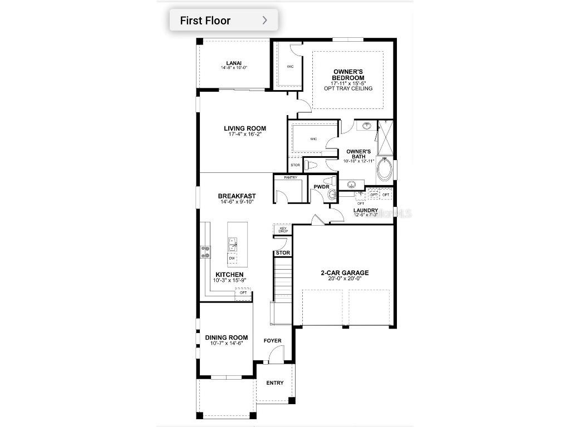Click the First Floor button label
[205, 21]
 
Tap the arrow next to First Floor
[264, 21]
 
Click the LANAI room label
[234, 63]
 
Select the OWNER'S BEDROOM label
[348, 75]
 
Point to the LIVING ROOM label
[245, 128]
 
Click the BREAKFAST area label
[237, 196]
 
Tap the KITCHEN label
[229, 275]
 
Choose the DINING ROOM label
[226, 337]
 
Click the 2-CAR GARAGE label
[345, 273]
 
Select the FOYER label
[273, 340]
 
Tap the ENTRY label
[275, 383]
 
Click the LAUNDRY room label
[366, 210]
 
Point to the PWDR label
[321, 187]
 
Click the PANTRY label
[290, 177]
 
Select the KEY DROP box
[282, 229]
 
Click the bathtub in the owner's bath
[385, 170]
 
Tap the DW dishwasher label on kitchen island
[232, 259]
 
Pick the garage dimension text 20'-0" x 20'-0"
[345, 279]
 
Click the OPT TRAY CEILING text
[348, 88]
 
